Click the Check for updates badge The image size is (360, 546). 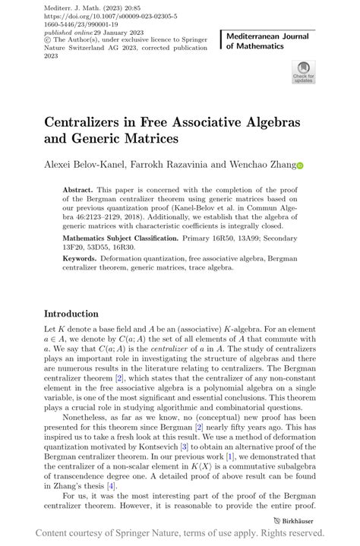click(303, 72)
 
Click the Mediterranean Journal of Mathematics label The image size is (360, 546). click(267, 42)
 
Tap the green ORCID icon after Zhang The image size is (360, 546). click(299, 166)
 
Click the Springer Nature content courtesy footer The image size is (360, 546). click(180, 533)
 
